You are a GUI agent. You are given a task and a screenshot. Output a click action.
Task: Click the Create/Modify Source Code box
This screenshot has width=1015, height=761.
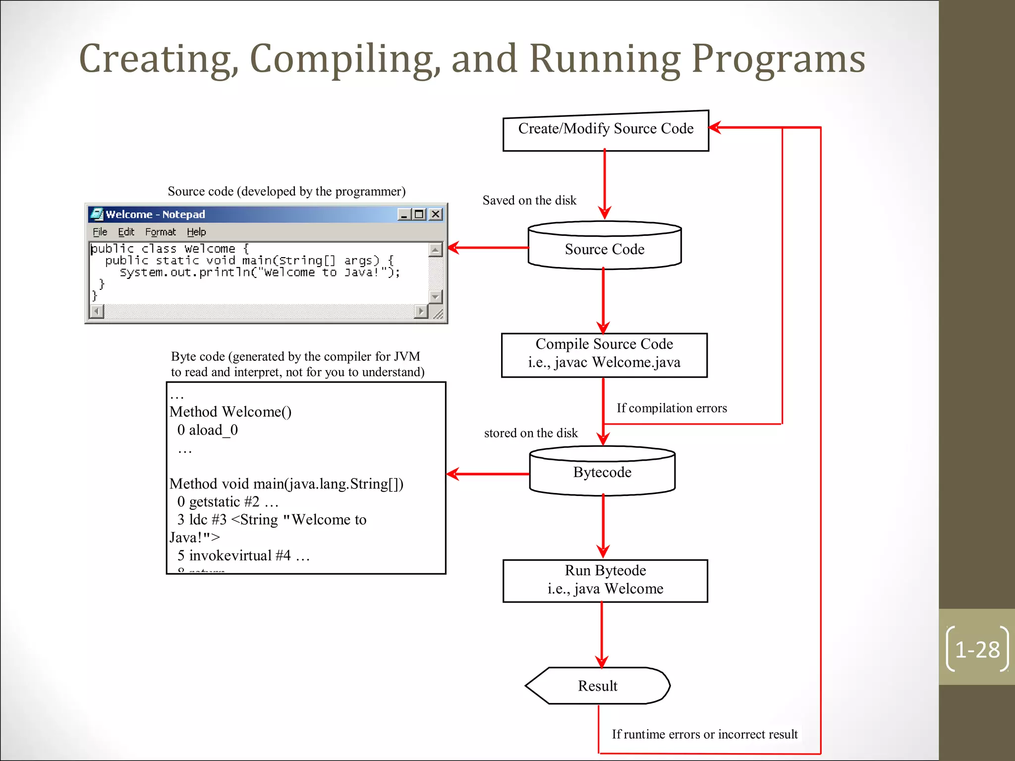(605, 130)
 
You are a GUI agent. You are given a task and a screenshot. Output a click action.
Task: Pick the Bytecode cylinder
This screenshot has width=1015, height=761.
(602, 472)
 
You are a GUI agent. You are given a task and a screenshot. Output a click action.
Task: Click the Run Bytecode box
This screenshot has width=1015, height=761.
(605, 580)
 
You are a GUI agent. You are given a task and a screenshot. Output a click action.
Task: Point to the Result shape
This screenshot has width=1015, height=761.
(597, 686)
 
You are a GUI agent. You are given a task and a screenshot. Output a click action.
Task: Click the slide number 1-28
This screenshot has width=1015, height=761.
(977, 650)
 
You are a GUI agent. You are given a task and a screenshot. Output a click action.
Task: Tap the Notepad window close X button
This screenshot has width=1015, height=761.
(435, 214)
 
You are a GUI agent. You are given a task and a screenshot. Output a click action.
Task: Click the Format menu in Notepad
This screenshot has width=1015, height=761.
(160, 232)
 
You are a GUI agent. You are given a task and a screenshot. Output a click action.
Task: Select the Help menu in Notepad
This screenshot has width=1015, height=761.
(196, 232)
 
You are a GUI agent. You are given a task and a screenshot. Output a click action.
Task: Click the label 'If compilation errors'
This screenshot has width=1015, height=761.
(671, 408)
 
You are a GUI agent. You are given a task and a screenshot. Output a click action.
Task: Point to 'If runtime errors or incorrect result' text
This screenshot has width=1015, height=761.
(704, 734)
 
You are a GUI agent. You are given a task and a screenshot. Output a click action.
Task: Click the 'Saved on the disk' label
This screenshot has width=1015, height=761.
(529, 200)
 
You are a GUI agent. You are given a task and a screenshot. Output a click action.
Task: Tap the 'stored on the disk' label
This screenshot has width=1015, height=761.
(530, 433)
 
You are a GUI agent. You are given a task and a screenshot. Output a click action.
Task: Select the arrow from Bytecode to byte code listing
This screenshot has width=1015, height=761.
(488, 474)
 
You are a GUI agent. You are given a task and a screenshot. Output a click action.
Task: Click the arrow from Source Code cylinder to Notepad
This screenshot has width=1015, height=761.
(488, 247)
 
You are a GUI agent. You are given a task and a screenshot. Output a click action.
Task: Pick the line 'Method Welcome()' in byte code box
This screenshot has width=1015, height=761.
(230, 412)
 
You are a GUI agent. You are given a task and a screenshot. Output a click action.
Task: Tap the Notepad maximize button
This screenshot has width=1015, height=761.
(419, 214)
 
